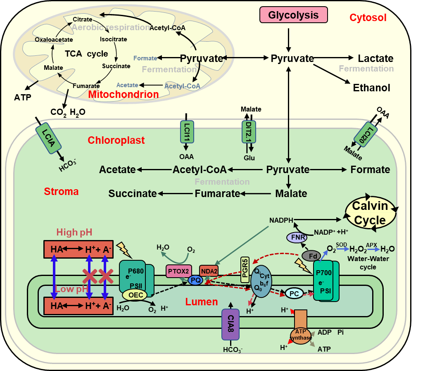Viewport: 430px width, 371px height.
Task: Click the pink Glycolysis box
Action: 293,15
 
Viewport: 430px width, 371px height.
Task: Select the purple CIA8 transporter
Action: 230,324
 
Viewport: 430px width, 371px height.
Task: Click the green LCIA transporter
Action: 49,138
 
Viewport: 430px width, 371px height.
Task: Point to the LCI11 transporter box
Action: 187,132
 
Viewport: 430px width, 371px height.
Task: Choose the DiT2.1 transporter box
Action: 249,132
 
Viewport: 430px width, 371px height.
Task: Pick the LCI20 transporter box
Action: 366,134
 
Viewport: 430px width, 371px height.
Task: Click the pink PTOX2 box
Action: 178,271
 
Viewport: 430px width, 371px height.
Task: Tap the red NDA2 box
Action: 209,271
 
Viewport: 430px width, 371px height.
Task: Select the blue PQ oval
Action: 195,280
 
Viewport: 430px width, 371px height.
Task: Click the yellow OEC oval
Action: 135,295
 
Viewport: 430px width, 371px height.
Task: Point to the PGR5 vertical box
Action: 245,270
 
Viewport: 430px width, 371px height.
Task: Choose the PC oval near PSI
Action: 294,294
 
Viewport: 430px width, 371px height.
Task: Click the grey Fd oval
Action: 311,256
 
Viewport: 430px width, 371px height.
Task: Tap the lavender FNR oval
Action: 297,237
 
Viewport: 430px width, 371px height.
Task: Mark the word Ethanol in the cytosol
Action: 371,88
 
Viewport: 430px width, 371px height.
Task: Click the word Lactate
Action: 376,58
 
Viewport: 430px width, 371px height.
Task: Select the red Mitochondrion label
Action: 124,94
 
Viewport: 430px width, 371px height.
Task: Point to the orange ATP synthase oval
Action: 301,335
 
